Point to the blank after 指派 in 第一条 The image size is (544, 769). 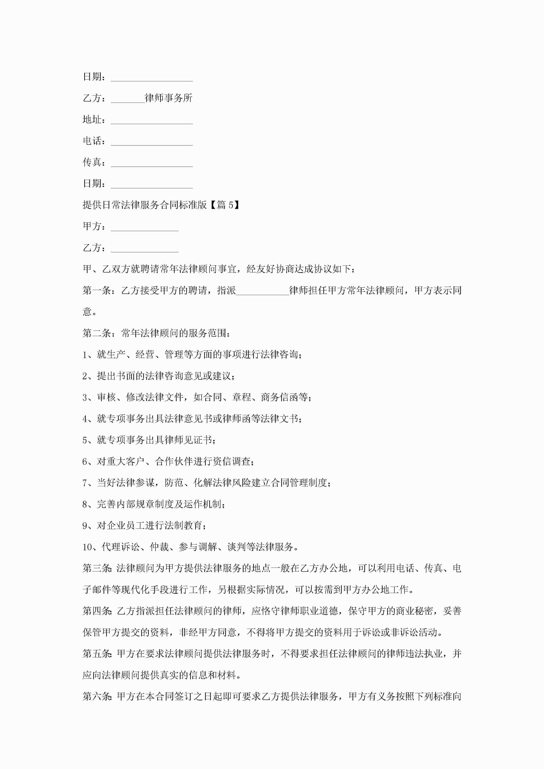coord(262,291)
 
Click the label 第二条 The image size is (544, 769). coord(97,333)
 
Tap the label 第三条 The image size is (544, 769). coord(97,568)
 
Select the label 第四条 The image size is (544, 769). coord(97,611)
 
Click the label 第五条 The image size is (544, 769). coord(97,654)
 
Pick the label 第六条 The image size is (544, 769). coord(97,697)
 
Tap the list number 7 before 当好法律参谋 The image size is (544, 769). coord(85,483)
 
